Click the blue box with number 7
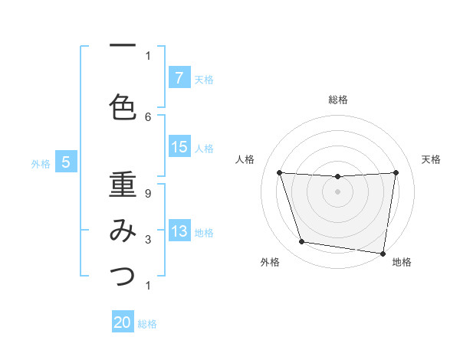point(179,78)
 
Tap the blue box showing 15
point(179,147)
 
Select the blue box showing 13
point(179,231)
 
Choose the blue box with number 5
point(66,162)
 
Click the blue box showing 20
point(123,323)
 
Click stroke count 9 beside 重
point(148,194)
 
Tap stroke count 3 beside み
point(148,240)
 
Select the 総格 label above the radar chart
point(337,100)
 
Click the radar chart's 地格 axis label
point(401,263)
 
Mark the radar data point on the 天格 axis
point(396,173)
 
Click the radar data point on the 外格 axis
point(302,242)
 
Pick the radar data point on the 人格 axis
point(279,173)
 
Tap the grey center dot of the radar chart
point(337,191)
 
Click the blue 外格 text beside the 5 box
point(41,163)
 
